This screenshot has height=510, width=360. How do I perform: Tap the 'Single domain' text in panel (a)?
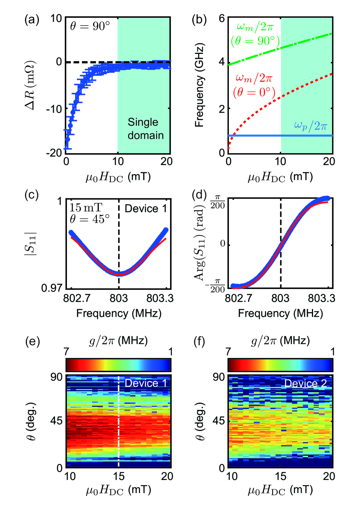[x=145, y=129]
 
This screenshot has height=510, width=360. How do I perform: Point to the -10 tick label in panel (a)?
[x=54, y=109]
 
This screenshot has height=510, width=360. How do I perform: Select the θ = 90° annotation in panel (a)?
[x=90, y=26]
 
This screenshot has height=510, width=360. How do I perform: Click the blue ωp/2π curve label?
[x=310, y=125]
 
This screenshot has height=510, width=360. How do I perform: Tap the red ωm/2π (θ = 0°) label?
[x=254, y=85]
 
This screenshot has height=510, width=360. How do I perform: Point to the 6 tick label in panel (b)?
[x=222, y=19]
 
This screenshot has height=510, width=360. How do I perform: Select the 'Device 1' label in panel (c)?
[x=146, y=209]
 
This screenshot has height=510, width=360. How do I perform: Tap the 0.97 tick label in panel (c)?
[x=52, y=288]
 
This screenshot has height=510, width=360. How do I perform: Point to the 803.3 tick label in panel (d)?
[x=321, y=298]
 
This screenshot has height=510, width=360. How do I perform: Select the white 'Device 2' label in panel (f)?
[x=305, y=383]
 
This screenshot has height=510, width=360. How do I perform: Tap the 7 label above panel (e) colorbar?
[x=67, y=351]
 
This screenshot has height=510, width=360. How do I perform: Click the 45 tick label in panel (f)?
[x=219, y=421]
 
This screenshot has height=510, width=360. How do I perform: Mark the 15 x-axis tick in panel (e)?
[x=118, y=477]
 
